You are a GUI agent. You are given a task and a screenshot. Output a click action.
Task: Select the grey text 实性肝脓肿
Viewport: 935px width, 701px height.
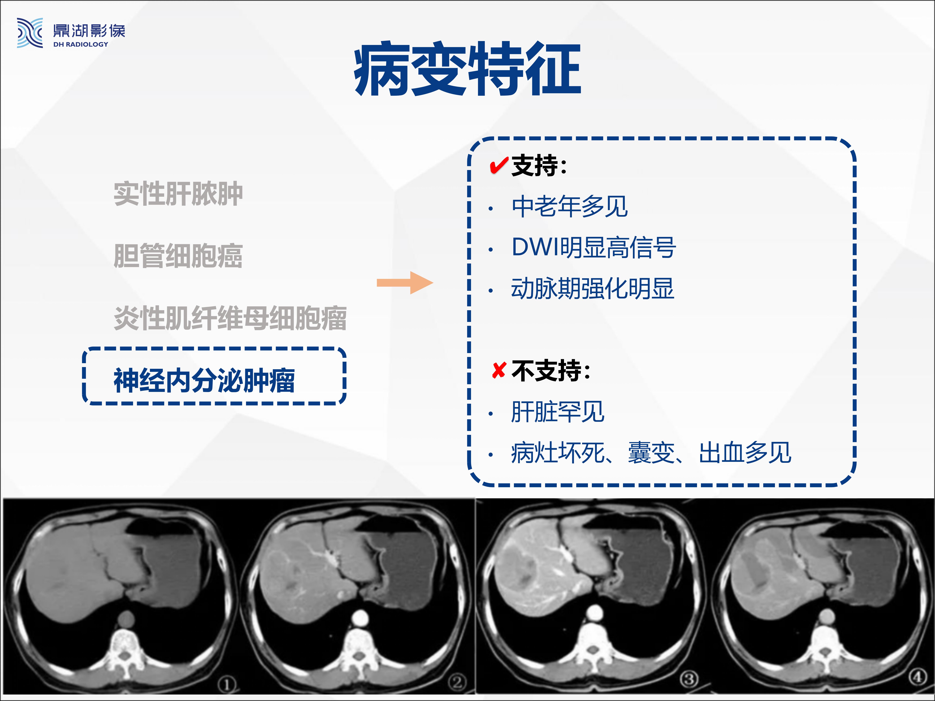(x=178, y=194)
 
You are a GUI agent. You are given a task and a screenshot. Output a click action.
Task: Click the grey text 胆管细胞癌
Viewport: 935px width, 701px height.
(x=178, y=256)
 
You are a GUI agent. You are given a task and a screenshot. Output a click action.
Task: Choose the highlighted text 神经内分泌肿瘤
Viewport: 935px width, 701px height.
(x=204, y=380)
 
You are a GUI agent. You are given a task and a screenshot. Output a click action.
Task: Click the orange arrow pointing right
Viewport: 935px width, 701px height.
(x=405, y=283)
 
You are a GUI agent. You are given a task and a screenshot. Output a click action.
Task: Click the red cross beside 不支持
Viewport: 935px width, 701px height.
(x=499, y=371)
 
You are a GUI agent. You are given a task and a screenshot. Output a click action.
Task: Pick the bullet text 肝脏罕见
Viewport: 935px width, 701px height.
(x=558, y=412)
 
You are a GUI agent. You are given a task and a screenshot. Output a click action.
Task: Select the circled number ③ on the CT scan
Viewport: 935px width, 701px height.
(x=689, y=679)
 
